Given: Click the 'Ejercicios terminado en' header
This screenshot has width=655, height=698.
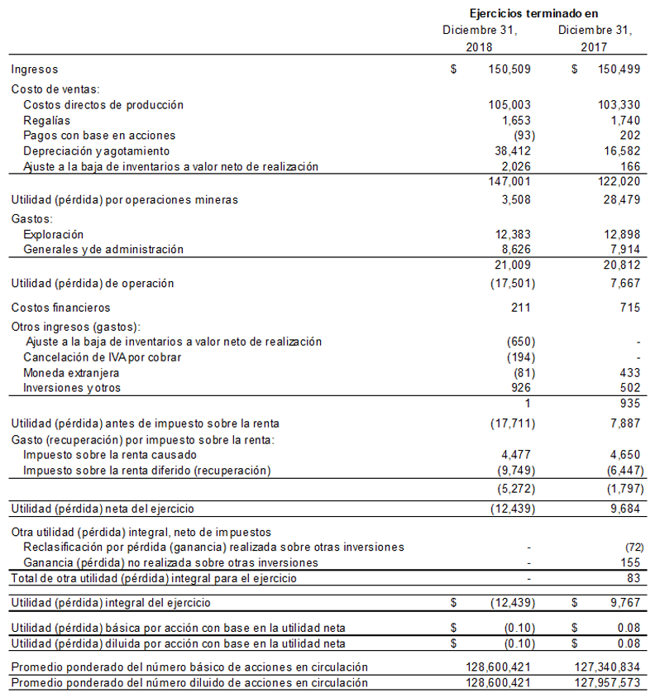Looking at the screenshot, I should [x=533, y=13].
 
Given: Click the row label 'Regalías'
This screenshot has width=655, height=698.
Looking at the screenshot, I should [x=47, y=120].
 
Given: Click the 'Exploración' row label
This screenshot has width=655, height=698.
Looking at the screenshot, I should [x=54, y=234].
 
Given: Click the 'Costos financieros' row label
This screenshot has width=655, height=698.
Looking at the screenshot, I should [x=60, y=308].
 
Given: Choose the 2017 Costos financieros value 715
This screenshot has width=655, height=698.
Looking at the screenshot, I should [x=628, y=308].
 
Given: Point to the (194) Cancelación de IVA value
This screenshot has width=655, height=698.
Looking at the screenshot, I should [x=520, y=357].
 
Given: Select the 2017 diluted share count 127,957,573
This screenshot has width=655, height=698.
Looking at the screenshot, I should [x=609, y=683].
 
